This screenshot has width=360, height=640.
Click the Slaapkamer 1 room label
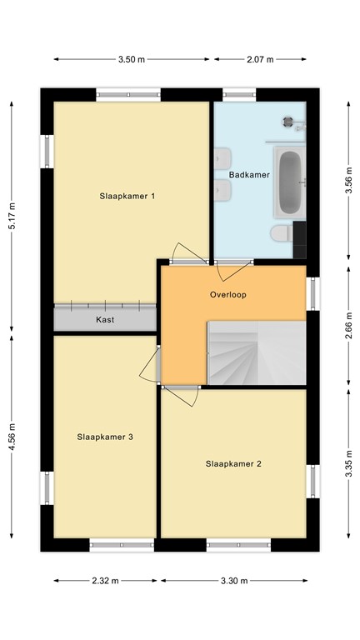click(128, 197)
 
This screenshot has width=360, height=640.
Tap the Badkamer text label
click(249, 176)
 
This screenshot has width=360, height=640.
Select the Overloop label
click(227, 294)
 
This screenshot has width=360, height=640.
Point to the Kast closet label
click(105, 320)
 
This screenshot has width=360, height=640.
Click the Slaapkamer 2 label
click(234, 463)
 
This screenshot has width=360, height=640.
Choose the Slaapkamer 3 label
click(105, 437)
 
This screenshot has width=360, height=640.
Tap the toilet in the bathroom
click(282, 232)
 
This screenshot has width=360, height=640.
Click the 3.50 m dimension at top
click(131, 60)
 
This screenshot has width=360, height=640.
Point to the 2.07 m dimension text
click(260, 60)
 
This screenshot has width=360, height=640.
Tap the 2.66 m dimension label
click(348, 323)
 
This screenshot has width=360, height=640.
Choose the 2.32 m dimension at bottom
click(105, 581)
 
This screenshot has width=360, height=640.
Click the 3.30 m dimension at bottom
click(234, 581)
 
